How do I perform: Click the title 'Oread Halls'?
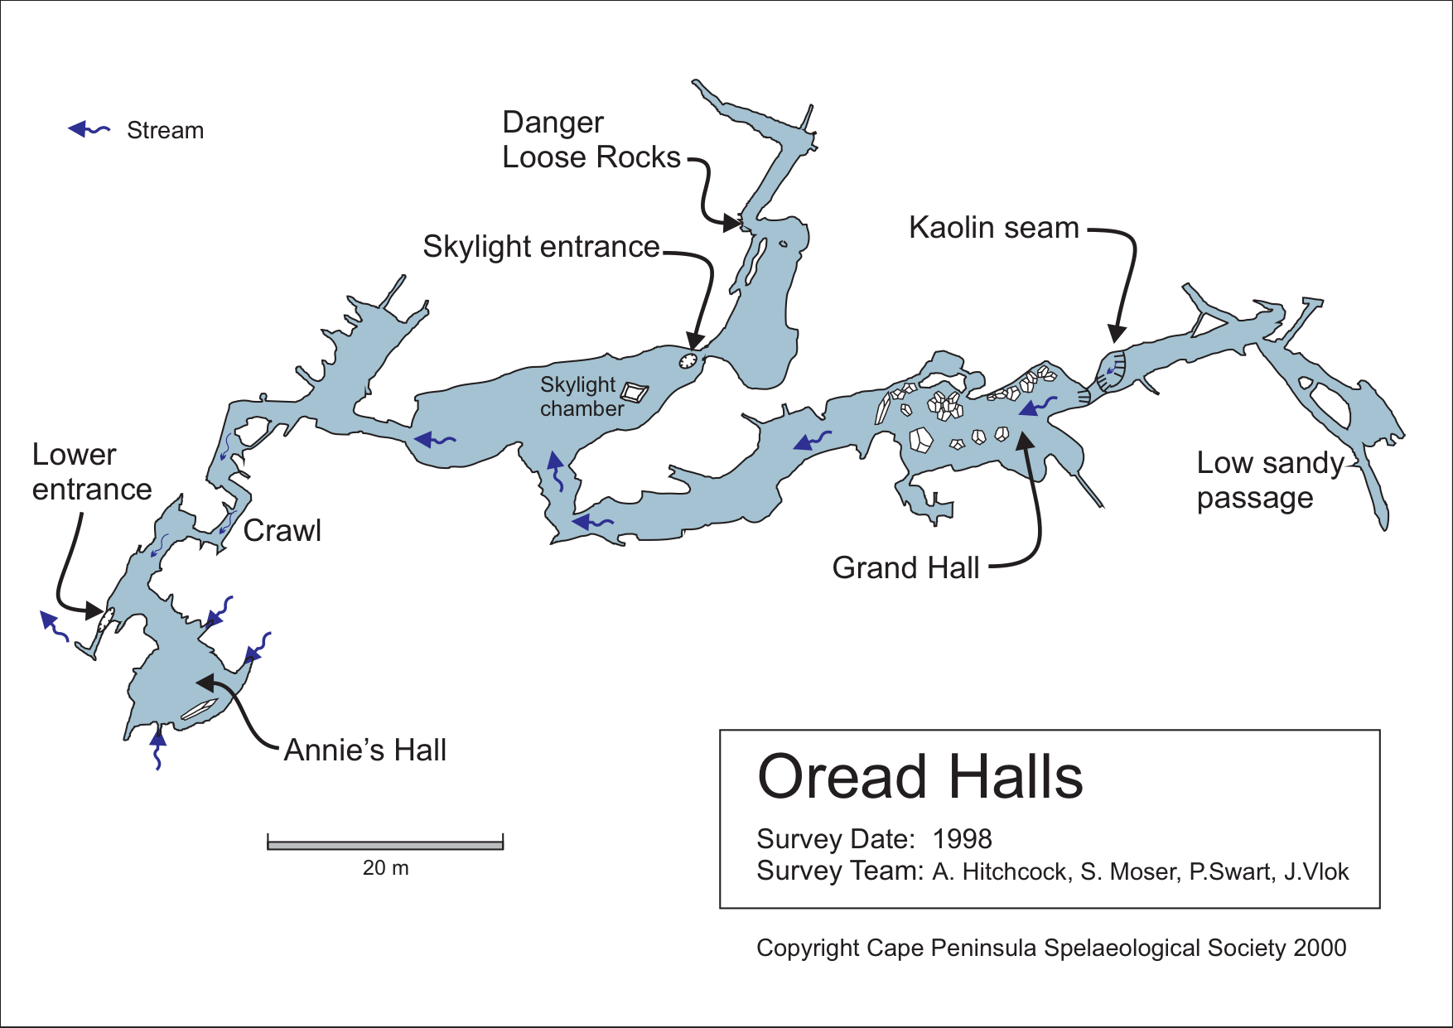(x=920, y=777)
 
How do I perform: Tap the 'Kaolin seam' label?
(x=993, y=228)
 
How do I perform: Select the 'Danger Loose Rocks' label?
(x=591, y=140)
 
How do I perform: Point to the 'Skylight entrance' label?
(x=541, y=247)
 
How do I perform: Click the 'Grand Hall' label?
(x=905, y=568)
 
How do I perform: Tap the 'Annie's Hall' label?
(x=364, y=750)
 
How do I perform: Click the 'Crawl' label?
(x=282, y=531)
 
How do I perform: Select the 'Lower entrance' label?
(x=91, y=472)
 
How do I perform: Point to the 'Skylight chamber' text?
(x=581, y=397)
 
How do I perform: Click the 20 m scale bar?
(x=385, y=844)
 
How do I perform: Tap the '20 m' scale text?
(x=385, y=868)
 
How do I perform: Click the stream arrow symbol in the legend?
(x=88, y=129)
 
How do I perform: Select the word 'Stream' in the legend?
(x=165, y=131)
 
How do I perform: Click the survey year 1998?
(x=962, y=839)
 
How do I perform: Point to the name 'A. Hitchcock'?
(x=1000, y=872)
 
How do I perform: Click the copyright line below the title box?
(x=1050, y=948)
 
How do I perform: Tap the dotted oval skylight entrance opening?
(x=688, y=360)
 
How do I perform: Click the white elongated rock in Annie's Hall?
(x=199, y=709)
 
